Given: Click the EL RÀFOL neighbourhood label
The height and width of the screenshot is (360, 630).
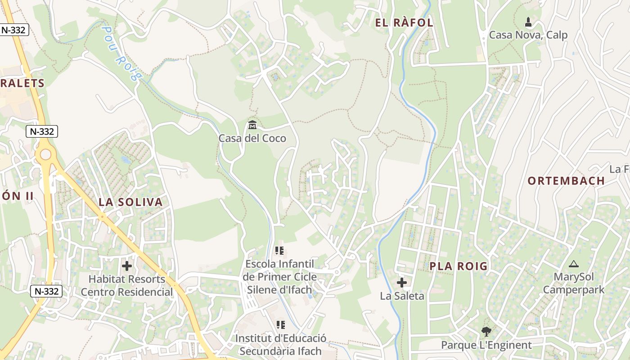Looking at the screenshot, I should point(404,23).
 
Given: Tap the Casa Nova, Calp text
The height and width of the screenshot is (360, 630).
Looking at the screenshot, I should point(528,35).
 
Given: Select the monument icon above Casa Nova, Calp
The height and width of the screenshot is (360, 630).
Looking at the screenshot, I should point(528,22).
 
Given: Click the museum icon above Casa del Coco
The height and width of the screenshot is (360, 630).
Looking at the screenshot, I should point(252,125).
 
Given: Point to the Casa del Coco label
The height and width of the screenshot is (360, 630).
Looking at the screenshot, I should point(252,138).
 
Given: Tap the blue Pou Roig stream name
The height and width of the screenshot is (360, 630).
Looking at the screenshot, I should point(119,53).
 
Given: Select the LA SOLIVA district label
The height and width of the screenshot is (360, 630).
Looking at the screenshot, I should point(130,202).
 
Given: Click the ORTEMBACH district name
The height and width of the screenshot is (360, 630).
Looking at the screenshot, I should point(566,181).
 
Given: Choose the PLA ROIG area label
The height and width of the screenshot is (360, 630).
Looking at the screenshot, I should point(459,266).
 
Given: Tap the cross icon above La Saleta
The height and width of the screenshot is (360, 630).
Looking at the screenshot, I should point(402,283).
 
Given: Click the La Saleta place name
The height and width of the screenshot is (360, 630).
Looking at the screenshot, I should point(402,296).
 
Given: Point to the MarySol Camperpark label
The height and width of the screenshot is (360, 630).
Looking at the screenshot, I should point(573,283).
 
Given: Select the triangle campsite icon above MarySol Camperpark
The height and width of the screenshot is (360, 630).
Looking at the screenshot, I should point(573,264).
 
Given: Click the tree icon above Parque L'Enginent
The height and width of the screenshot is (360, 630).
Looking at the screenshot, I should point(486,332).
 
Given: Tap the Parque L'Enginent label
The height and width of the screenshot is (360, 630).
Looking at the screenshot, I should point(486,345).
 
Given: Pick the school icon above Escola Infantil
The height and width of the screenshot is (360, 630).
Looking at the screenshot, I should point(279,250).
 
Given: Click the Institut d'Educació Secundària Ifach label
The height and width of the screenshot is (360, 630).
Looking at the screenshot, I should point(280,344).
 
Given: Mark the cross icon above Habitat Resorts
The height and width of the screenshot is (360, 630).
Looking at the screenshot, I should point(127,266).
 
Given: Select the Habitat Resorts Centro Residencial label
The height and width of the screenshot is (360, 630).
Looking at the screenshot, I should point(127,285).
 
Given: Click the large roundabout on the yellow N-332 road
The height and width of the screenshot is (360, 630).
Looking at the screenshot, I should point(45,155).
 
